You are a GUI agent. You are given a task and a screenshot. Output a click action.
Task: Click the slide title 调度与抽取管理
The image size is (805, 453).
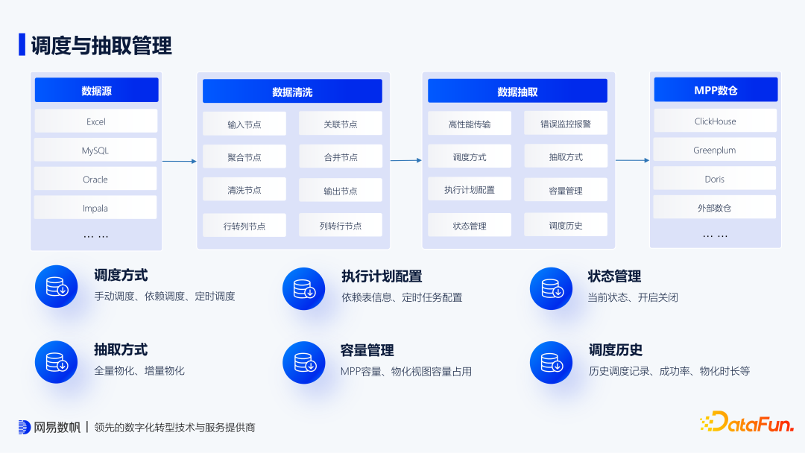pos(101,45)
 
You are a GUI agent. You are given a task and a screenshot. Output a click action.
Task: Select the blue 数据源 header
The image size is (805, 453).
pos(96,91)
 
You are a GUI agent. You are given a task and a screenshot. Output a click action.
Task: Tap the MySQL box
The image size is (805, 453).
pos(95,150)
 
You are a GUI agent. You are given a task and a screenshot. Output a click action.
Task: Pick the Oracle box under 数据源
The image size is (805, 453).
pos(95,179)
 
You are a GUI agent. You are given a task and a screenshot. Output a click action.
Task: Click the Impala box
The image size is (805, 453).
pos(95,208)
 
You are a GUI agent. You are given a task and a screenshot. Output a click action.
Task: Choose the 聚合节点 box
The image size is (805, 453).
pos(244,157)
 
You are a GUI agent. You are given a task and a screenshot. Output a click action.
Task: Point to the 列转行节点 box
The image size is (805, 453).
pos(341,225)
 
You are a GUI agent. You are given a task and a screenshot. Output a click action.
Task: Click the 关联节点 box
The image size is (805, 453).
pos(341,124)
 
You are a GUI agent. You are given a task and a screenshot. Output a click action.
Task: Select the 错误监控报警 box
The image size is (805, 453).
pos(566,124)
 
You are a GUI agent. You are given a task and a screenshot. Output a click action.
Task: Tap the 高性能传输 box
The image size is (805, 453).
pos(470,124)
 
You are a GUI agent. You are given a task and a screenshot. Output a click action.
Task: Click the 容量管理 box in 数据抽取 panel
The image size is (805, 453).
pos(566,190)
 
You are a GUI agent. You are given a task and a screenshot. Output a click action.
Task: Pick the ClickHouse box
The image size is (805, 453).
pos(715,121)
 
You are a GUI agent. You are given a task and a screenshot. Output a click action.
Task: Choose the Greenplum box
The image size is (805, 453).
pos(715,150)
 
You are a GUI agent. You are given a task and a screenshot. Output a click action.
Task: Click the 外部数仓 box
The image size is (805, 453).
pos(715,208)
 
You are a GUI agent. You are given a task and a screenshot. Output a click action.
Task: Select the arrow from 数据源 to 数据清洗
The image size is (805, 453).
pos(180,160)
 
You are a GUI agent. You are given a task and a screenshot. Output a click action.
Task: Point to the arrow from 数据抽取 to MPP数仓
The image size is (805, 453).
pos(632,160)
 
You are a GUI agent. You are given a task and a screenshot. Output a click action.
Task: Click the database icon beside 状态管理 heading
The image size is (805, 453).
pos(551,287)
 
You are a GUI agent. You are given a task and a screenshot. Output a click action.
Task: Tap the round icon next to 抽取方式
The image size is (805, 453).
pos(57,362)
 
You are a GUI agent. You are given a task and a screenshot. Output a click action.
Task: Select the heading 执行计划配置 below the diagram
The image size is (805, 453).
pos(382,276)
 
